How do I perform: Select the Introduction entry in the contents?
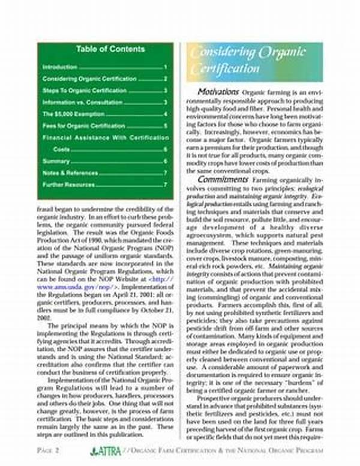click(60, 67)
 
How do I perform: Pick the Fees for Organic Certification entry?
click(83, 126)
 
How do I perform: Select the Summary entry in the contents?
click(56, 161)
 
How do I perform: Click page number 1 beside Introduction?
click(165, 67)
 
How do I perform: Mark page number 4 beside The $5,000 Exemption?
click(165, 114)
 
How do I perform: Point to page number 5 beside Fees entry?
click(165, 126)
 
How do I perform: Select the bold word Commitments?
click(221, 179)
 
